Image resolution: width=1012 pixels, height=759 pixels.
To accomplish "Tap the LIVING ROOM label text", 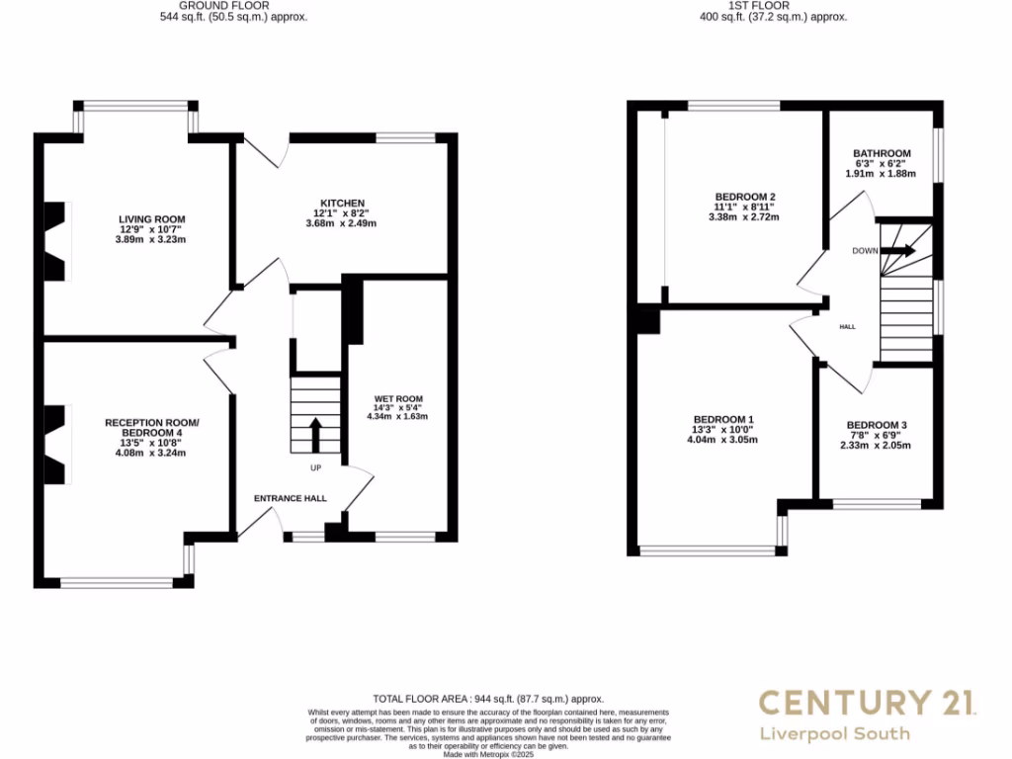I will click(151, 219).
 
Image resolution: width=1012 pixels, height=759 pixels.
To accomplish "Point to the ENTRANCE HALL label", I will click(291, 498).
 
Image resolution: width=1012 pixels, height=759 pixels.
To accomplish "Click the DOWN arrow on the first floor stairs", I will click(897, 251).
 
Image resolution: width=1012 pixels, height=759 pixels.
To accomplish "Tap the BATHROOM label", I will click(881, 153).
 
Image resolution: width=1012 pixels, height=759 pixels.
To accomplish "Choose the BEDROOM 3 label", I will click(877, 425).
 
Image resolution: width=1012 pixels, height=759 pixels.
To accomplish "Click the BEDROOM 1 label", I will click(723, 420).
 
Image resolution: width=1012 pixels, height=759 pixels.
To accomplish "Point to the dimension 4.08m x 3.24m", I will click(151, 453).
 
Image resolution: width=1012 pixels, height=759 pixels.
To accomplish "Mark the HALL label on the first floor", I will click(847, 326).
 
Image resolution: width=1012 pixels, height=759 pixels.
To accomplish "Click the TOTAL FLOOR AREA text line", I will click(487, 699).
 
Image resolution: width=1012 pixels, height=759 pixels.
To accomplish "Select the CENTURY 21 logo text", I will click(869, 704).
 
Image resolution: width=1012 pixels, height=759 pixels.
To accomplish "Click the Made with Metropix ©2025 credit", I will click(487, 754).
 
